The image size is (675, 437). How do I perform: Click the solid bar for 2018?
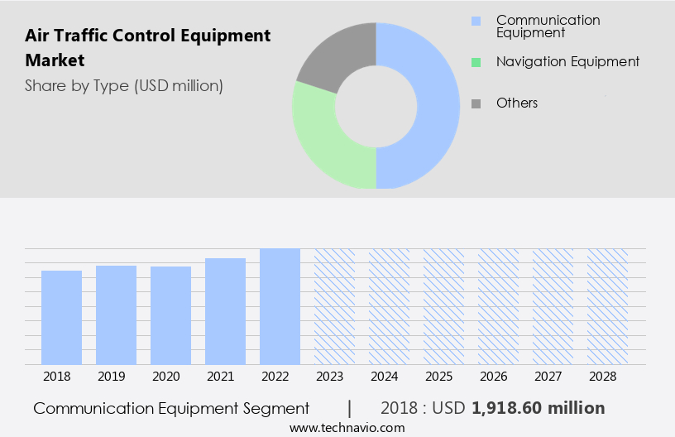coord(61,317)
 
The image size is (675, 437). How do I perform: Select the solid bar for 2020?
coord(170,315)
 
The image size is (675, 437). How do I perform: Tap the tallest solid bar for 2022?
coord(280,306)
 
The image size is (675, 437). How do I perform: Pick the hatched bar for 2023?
coord(334,306)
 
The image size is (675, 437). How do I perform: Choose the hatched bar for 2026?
coord(498,306)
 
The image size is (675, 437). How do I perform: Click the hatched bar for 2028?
coord(607,306)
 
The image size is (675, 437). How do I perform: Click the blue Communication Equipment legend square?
coord(475,21)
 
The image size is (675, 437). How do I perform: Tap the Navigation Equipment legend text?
coord(567,61)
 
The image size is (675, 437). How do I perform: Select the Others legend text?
coord(516,103)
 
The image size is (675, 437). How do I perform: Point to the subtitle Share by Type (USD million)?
coord(123,86)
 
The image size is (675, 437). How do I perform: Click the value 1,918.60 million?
coord(538,408)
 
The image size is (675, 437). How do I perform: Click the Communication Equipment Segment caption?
coord(171,408)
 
